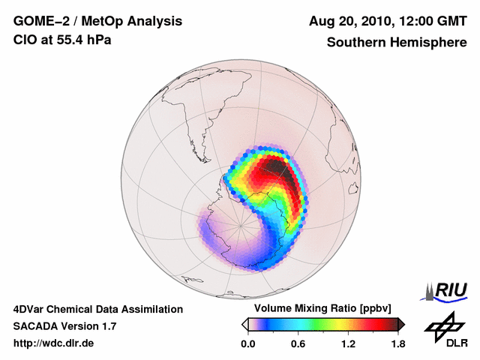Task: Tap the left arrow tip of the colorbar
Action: coord(244,324)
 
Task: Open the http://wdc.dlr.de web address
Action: coord(54,343)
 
